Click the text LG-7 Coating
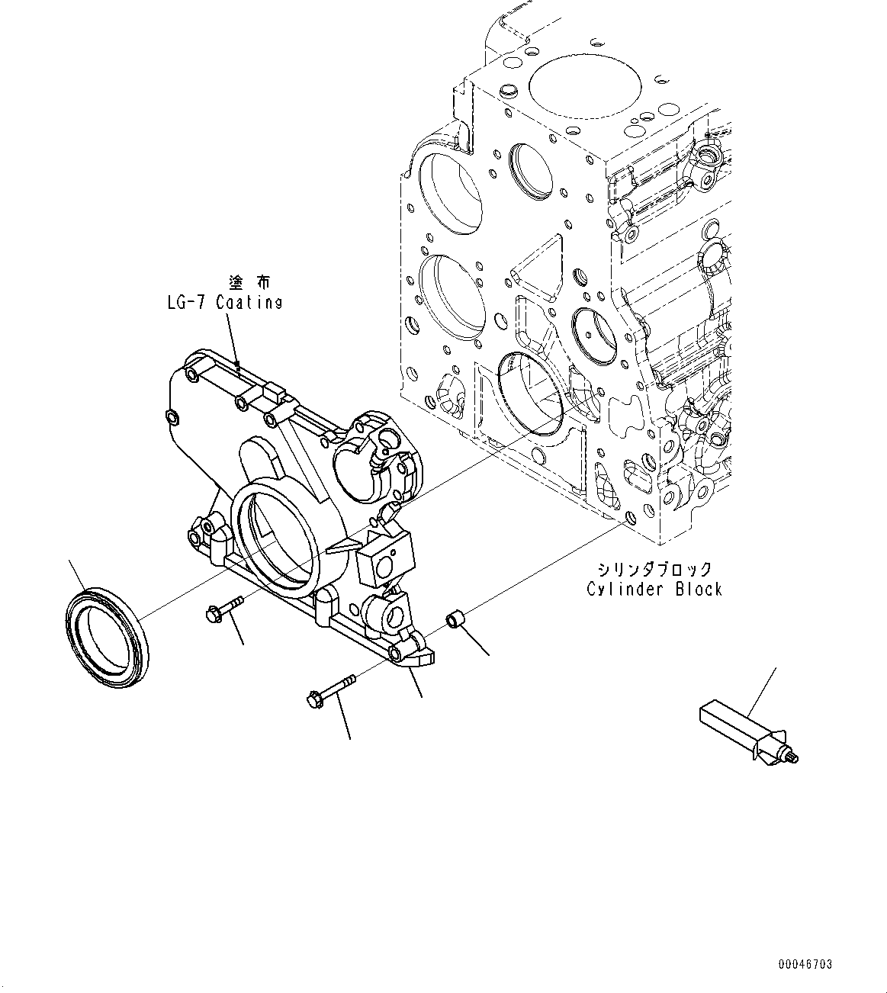[x=225, y=303]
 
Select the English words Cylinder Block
[x=654, y=589]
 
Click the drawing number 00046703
[x=805, y=965]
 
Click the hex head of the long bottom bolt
[x=312, y=697]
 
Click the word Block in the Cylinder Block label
[x=696, y=589]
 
